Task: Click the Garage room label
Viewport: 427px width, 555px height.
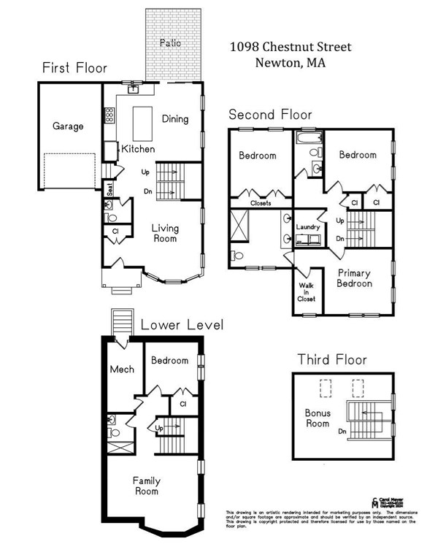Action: tap(68, 126)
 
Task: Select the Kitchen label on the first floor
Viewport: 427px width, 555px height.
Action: tap(138, 149)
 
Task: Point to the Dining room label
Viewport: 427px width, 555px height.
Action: tap(175, 119)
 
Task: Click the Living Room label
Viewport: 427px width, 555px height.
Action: tap(165, 233)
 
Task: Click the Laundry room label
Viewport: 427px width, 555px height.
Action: tap(308, 227)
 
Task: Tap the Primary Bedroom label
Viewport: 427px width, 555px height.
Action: tap(355, 277)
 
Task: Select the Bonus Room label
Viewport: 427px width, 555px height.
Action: tap(318, 418)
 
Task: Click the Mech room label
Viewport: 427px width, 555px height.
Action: tap(122, 369)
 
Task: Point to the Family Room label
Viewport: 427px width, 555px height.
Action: tap(146, 486)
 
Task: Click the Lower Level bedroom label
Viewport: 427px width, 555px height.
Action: tap(169, 360)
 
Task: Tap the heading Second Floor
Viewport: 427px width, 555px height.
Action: tap(270, 115)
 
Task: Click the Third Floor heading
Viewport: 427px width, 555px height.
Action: tap(331, 359)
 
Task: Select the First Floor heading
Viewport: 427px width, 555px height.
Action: tap(74, 68)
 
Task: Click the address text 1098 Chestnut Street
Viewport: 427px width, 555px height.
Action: tap(291, 47)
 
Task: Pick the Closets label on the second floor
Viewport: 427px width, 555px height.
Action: tap(261, 203)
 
